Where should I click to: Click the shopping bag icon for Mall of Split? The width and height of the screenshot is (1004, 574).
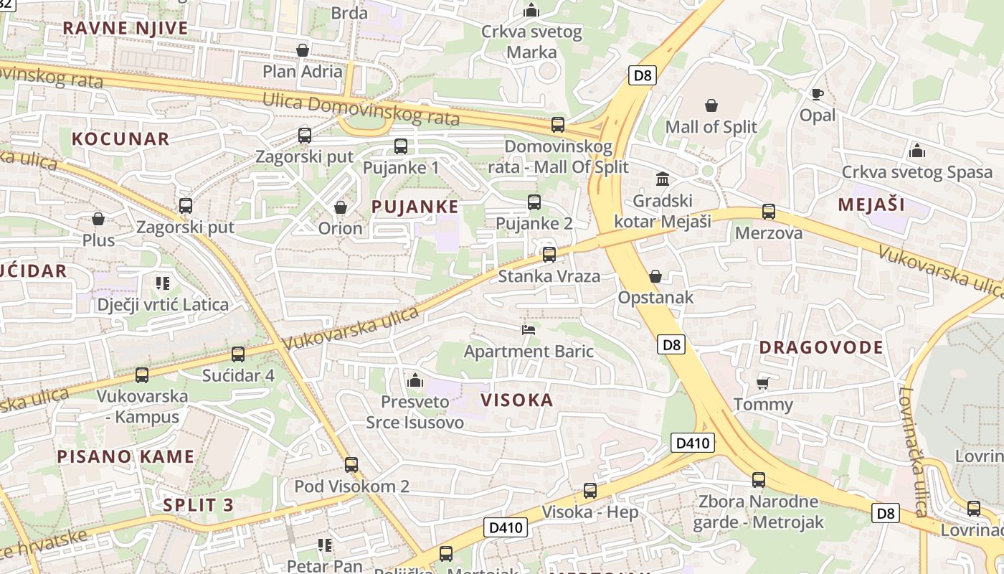pos(711,105)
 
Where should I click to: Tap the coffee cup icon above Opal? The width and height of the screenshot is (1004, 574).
pos(817,94)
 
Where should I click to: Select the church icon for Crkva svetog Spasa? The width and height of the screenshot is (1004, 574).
pos(917,151)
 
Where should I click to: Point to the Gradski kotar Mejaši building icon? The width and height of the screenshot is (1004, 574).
pos(663,179)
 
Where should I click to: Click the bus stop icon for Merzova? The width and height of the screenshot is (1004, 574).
pos(769,212)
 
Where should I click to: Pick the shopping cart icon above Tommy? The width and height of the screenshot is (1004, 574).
pos(762,382)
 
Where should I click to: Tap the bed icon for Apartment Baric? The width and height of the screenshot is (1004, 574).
pos(529,329)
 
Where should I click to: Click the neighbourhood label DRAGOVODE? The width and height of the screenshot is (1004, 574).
pos(821,347)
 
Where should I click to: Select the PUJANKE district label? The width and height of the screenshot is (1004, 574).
pos(415,207)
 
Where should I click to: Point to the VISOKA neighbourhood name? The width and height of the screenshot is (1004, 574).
pos(516,400)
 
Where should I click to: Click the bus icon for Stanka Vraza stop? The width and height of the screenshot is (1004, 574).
pos(549,254)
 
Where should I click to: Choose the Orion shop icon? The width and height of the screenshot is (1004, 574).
pos(341,207)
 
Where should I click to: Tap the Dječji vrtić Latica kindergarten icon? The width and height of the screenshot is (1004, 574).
pos(163,283)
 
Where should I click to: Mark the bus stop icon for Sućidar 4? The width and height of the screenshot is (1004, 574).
pos(238,354)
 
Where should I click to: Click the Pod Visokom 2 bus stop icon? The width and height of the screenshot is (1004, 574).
pos(351,464)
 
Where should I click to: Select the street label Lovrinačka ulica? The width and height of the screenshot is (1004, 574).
pos(911,452)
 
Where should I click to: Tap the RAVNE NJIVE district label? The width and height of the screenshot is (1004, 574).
pos(126,28)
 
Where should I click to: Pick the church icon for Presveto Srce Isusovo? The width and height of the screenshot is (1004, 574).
pos(415,380)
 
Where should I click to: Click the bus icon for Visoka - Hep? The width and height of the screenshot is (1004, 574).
pos(589,491)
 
